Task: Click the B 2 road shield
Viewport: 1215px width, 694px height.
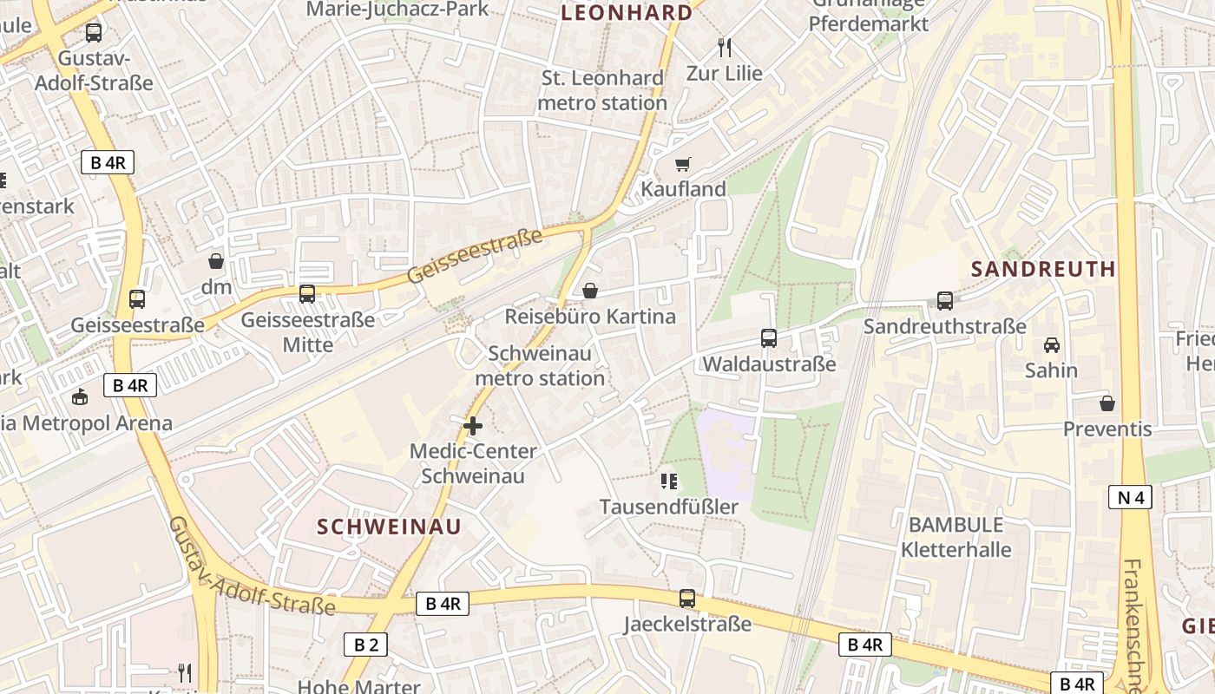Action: [x=365, y=644]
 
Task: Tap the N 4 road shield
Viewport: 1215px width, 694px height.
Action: [x=1130, y=497]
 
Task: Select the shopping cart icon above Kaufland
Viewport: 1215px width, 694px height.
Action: [x=683, y=164]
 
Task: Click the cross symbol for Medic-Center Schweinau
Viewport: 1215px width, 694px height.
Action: [x=473, y=426]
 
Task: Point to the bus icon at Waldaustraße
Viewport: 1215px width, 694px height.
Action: [x=769, y=337]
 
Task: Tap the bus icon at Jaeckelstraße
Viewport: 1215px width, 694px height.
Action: [x=687, y=598]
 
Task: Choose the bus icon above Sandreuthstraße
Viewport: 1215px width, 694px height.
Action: [x=945, y=301]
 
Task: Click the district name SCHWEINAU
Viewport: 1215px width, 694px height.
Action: [x=389, y=527]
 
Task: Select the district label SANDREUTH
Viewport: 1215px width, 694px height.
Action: [x=1043, y=269]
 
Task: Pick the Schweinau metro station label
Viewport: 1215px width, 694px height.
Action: [x=540, y=366]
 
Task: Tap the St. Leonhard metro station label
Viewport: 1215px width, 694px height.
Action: [x=602, y=90]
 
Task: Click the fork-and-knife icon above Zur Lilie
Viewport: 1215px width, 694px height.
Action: [x=725, y=48]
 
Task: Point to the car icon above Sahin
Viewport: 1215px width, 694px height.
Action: [x=1051, y=344]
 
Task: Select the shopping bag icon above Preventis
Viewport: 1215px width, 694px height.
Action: [x=1107, y=403]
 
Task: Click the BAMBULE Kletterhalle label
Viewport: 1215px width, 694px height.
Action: [x=956, y=537]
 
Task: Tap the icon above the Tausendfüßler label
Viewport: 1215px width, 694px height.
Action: [x=668, y=481]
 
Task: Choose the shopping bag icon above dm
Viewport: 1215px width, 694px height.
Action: [x=216, y=260]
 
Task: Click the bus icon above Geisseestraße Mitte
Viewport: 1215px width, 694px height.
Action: [x=307, y=294]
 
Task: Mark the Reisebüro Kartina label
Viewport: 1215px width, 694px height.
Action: [x=590, y=317]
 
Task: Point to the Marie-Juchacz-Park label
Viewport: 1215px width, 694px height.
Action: [x=398, y=9]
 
